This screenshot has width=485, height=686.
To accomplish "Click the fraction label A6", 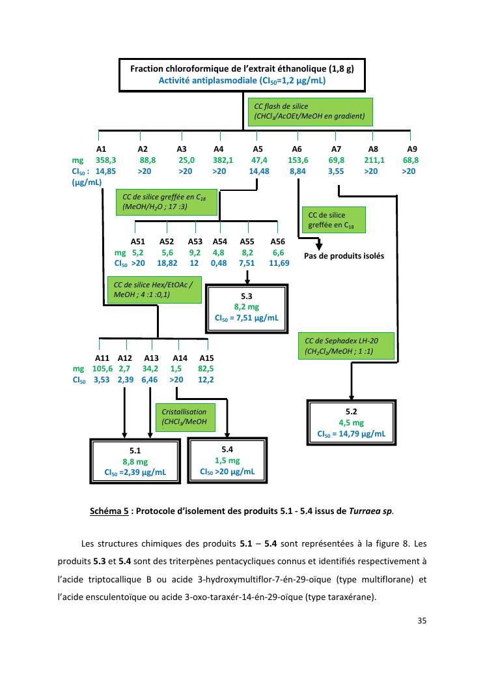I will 297,149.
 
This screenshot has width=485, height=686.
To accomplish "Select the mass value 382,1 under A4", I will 223,160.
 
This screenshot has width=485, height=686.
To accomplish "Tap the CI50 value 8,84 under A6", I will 298,171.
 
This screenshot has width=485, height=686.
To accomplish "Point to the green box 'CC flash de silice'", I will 309,111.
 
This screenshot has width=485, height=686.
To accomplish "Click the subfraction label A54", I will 220,241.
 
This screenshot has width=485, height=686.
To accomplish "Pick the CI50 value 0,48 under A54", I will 219,263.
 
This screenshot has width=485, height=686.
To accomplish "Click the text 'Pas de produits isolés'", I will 344,256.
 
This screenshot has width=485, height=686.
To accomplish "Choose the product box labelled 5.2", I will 351,422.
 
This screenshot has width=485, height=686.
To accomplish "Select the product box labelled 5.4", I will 227,459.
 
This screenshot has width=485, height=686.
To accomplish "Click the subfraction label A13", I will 151,358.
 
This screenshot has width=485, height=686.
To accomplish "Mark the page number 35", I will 421,620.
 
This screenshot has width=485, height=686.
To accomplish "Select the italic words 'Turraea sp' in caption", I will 374,510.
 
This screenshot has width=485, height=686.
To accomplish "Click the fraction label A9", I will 411,149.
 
